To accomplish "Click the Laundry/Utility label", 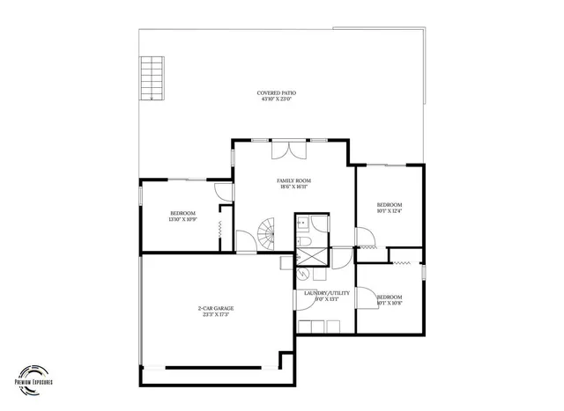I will tap(327, 292).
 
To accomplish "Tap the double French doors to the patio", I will tap(289, 149).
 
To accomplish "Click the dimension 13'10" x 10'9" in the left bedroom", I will tap(182, 220).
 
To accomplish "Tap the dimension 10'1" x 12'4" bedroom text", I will tap(389, 210).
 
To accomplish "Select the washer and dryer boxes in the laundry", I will tap(320, 327).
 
